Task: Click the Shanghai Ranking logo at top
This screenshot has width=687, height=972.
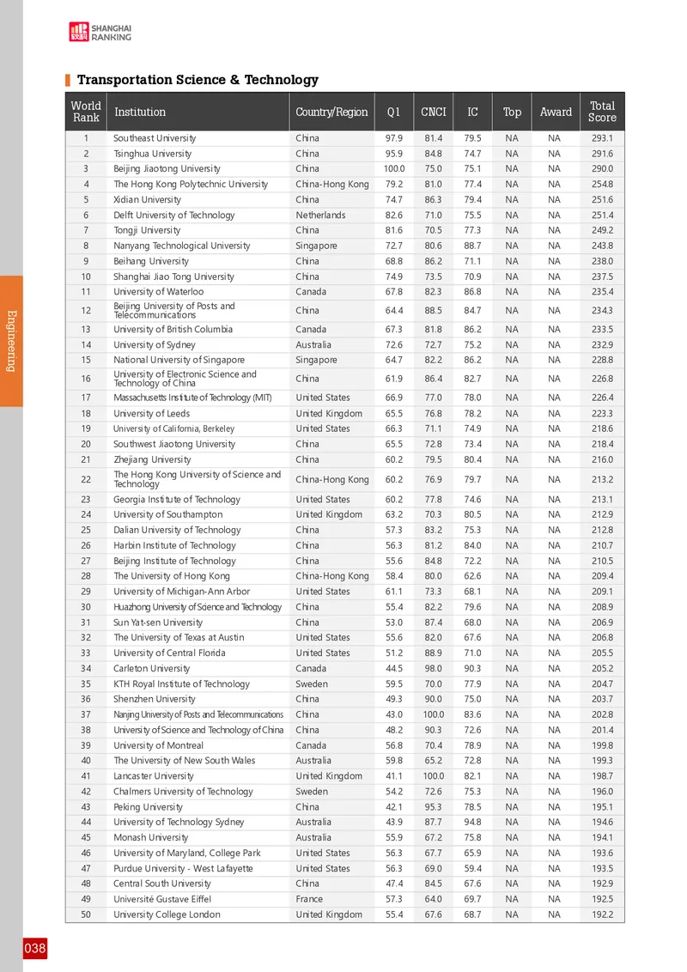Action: pyautogui.click(x=100, y=32)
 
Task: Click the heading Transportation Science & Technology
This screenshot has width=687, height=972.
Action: pyautogui.click(x=198, y=80)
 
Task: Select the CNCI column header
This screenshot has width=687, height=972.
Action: pyautogui.click(x=434, y=112)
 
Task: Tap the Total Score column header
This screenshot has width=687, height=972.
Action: pyautogui.click(x=602, y=112)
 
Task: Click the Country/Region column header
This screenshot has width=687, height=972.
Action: pyautogui.click(x=331, y=112)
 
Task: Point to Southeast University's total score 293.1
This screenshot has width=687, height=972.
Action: pyautogui.click(x=602, y=138)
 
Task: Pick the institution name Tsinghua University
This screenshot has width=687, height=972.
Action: pyautogui.click(x=153, y=154)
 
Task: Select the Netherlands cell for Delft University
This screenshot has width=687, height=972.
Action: pyautogui.click(x=320, y=216)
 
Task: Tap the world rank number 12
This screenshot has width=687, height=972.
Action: pyautogui.click(x=86, y=311)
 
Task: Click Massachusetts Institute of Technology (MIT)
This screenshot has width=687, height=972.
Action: pyautogui.click(x=193, y=398)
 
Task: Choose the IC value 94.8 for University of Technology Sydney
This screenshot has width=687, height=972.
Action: pyautogui.click(x=472, y=823)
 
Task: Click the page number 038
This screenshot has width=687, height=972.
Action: pyautogui.click(x=35, y=949)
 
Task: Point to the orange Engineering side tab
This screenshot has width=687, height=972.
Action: pyautogui.click(x=11, y=340)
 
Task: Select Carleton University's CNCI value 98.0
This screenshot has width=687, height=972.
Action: pyautogui.click(x=433, y=669)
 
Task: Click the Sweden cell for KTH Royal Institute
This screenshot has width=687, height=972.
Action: pyautogui.click(x=312, y=684)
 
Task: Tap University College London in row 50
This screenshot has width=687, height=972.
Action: pyautogui.click(x=167, y=914)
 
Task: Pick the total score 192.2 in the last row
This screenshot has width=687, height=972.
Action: pyautogui.click(x=602, y=914)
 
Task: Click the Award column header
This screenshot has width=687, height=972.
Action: pyautogui.click(x=556, y=112)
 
